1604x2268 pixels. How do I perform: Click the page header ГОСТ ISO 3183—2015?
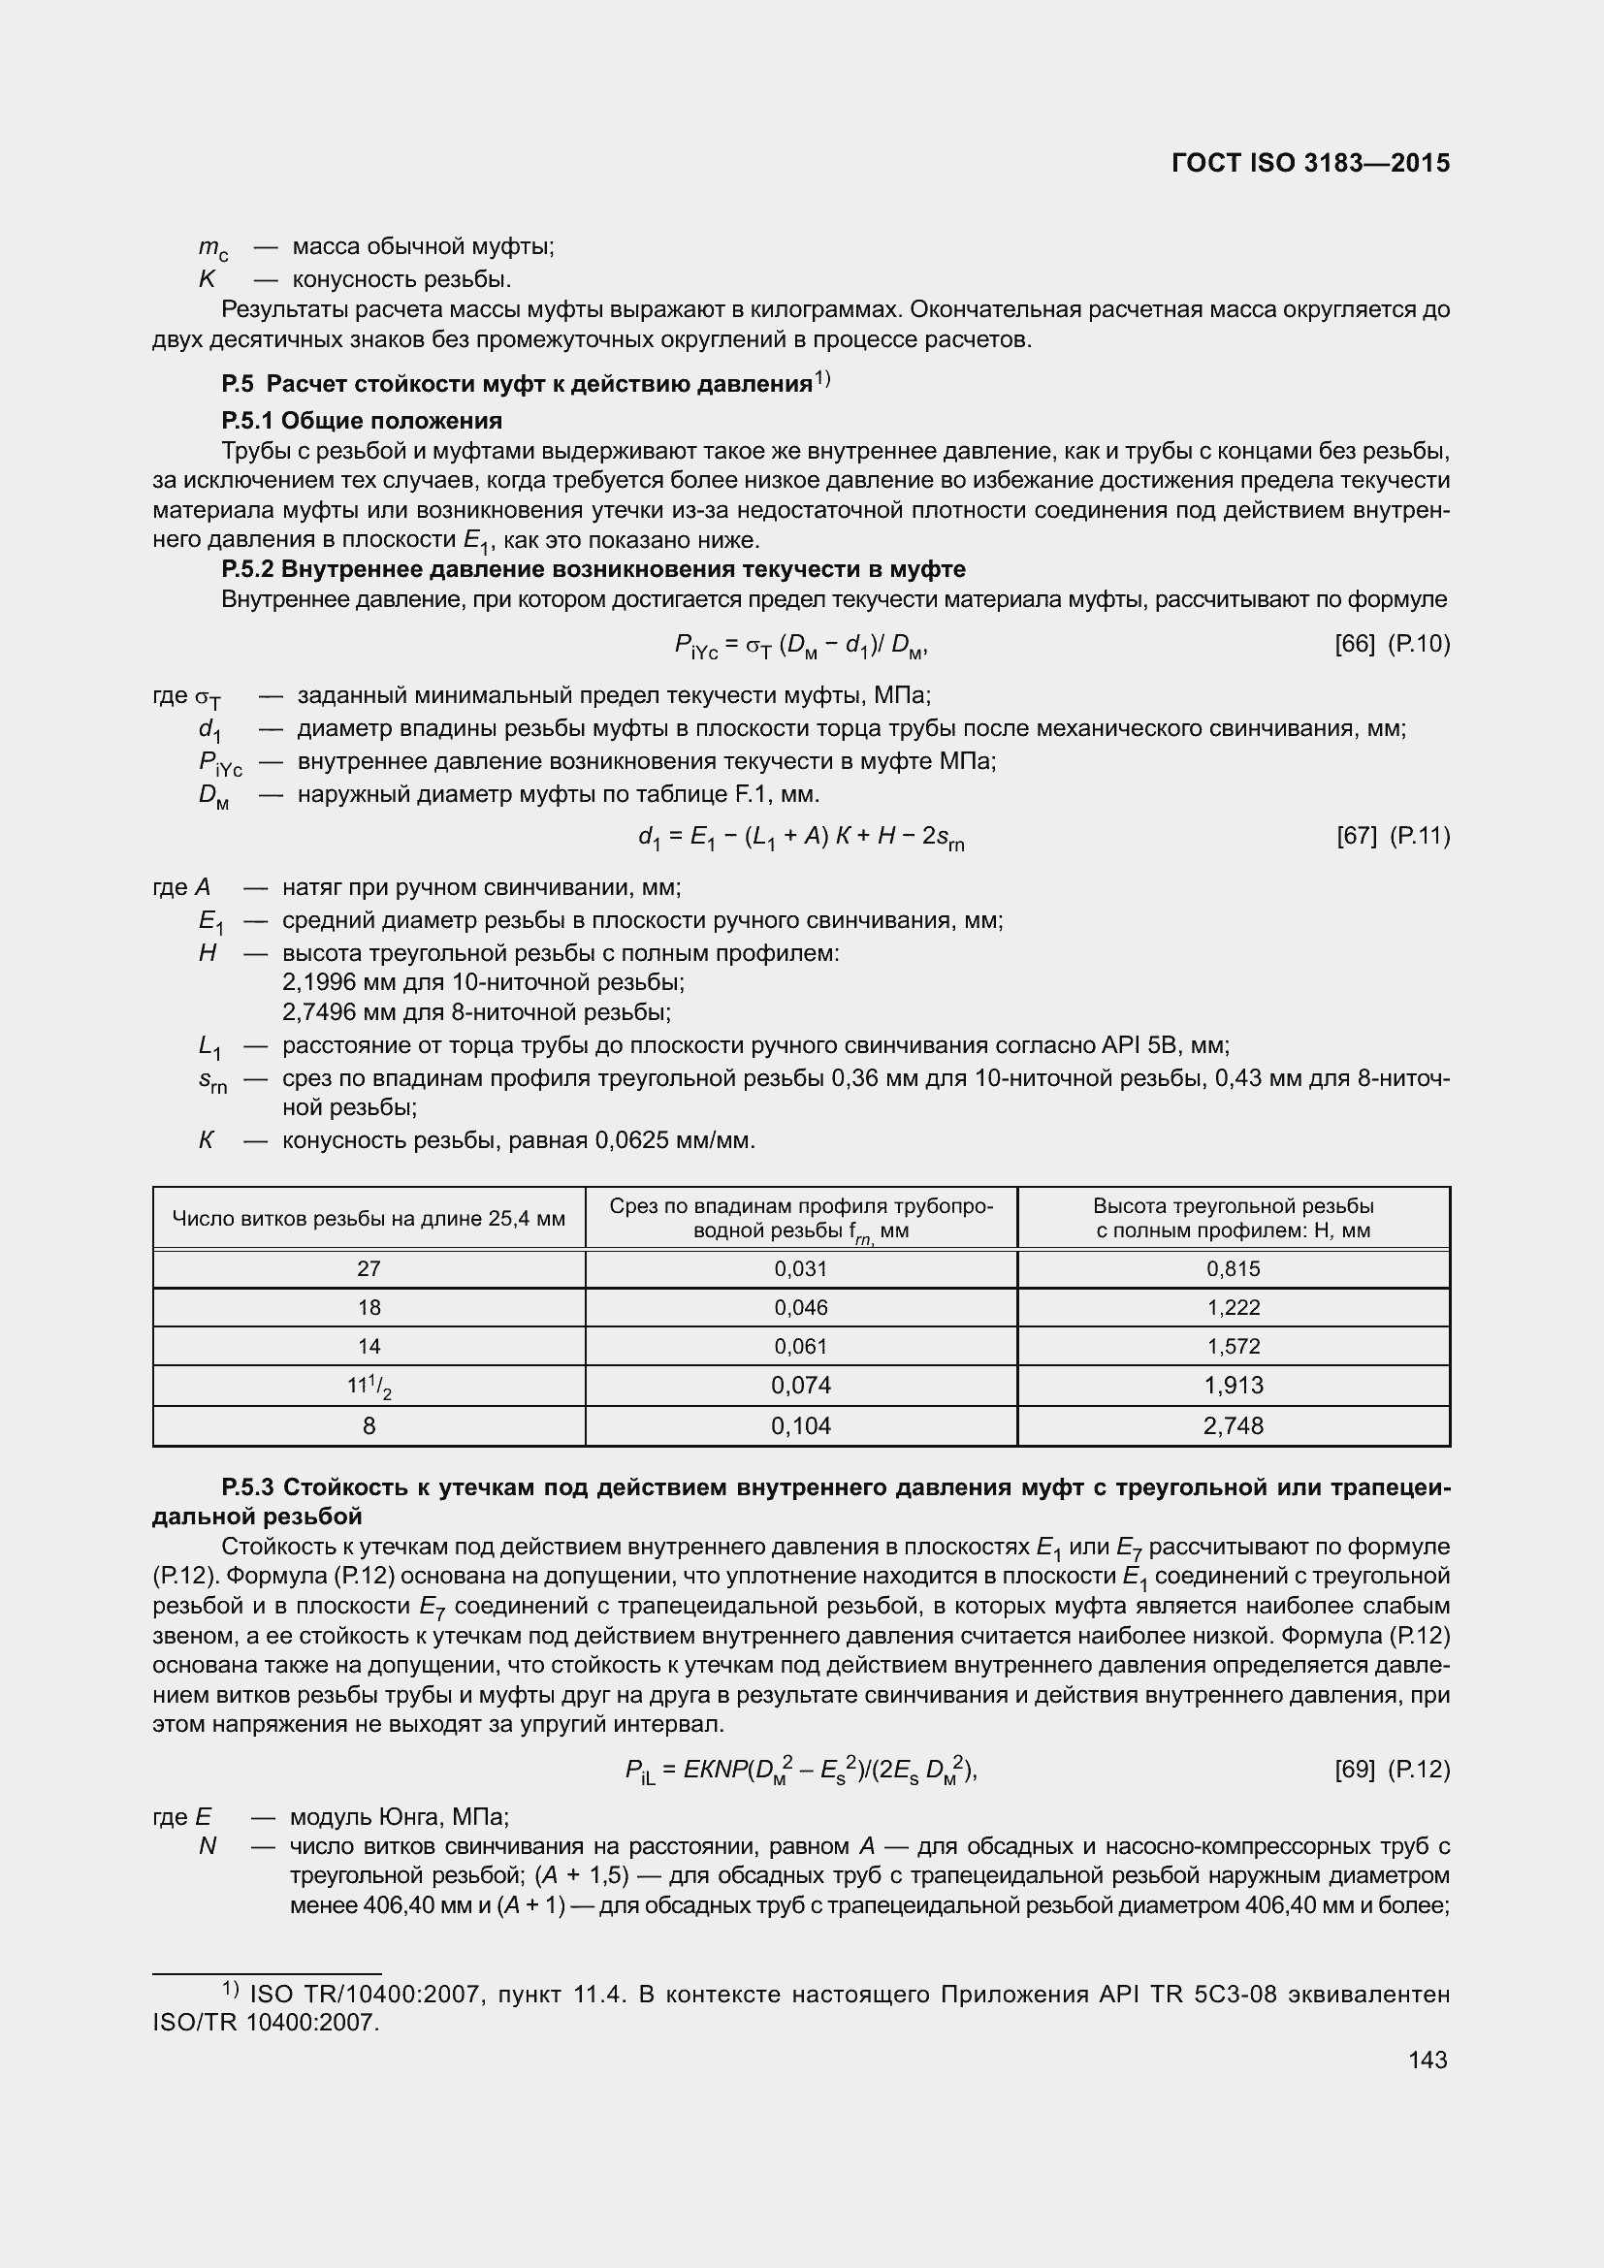[x=1309, y=163]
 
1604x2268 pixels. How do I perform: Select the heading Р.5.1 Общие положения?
[x=362, y=421]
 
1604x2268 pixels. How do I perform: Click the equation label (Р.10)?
[x=1419, y=644]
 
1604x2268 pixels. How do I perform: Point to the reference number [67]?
[x=1356, y=837]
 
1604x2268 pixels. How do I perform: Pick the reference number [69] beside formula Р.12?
[x=1354, y=1770]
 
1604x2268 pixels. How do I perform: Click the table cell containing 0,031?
[x=800, y=1269]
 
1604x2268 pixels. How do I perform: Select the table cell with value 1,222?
[x=1233, y=1308]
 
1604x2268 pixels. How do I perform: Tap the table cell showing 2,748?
[x=1233, y=1425]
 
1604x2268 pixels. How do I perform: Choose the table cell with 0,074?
[x=800, y=1386]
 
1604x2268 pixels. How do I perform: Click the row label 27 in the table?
[x=369, y=1269]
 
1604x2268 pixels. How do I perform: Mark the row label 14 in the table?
[x=369, y=1347]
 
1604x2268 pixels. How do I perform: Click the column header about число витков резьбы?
[x=369, y=1219]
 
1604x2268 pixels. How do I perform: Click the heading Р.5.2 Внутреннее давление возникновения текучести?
[x=593, y=569]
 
